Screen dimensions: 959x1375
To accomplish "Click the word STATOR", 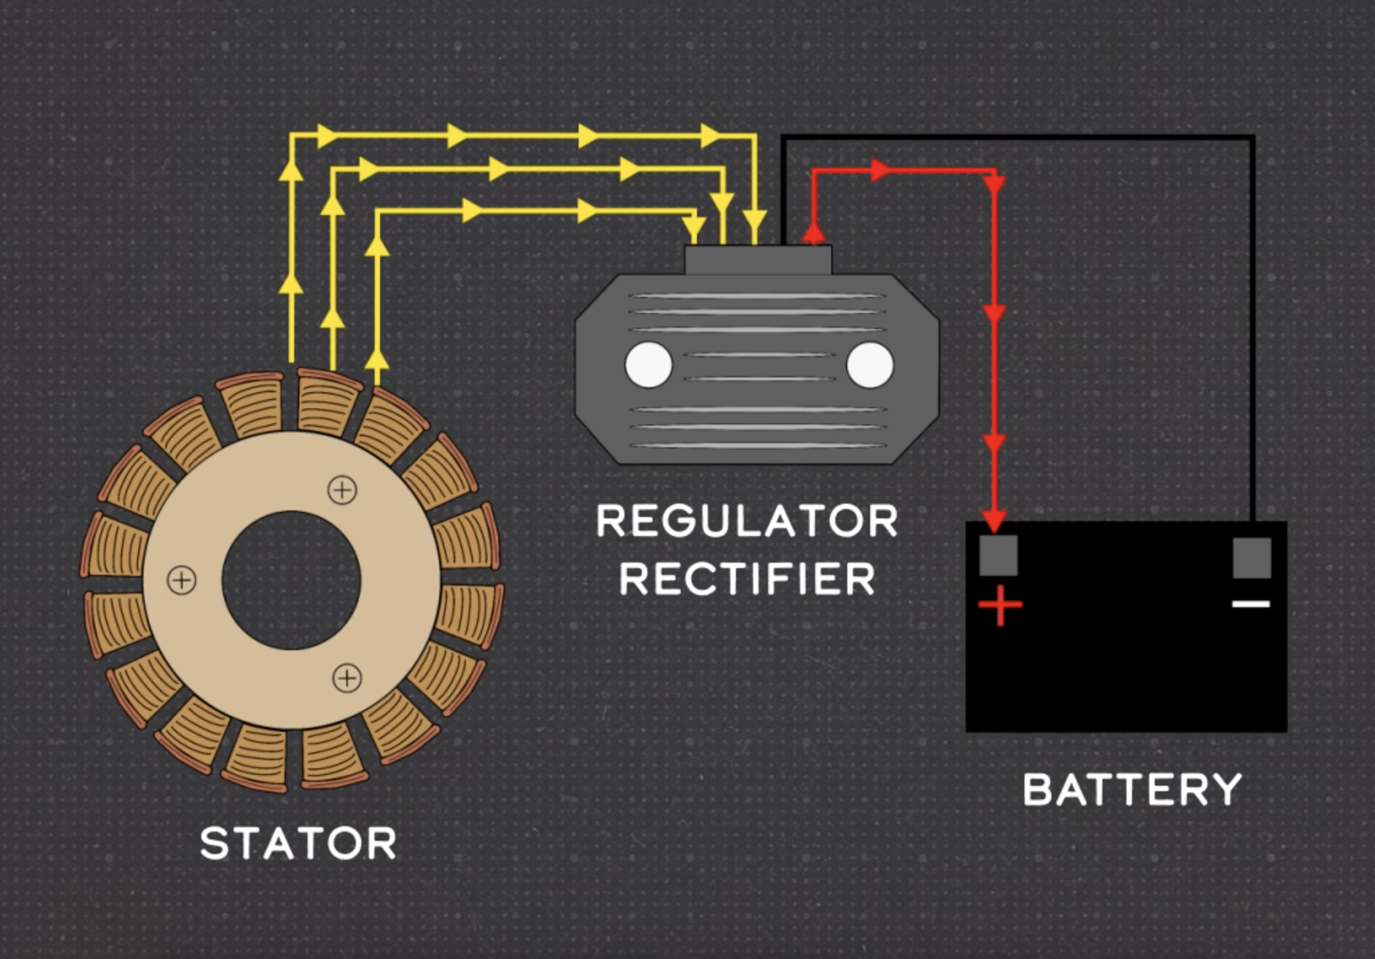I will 298,843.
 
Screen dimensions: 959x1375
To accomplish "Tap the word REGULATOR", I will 747,521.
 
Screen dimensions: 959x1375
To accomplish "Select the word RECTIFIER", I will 747,579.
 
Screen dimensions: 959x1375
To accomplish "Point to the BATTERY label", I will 1132,790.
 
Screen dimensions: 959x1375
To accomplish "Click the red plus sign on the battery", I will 1000,604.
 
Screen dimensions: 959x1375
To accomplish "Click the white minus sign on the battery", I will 1251,604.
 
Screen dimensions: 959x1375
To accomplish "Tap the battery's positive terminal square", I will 998,555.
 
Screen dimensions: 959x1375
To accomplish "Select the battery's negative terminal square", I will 1251,557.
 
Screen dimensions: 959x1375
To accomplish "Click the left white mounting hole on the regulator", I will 649,365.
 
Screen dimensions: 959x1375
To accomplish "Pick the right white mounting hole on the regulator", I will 869,365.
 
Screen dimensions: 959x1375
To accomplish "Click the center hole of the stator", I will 291,580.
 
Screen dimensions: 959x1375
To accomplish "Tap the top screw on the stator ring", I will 342,490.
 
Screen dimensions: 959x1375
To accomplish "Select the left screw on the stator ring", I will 181,580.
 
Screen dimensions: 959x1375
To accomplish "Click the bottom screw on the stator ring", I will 347,678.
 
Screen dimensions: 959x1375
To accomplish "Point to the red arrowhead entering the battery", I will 994,520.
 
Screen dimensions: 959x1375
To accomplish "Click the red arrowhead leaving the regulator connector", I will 813,232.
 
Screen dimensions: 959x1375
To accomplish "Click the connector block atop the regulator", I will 758,260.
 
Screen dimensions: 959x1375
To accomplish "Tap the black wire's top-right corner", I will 1252,138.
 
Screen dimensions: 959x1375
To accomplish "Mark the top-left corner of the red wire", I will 814,171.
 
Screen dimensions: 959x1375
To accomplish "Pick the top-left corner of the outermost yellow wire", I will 291,136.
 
